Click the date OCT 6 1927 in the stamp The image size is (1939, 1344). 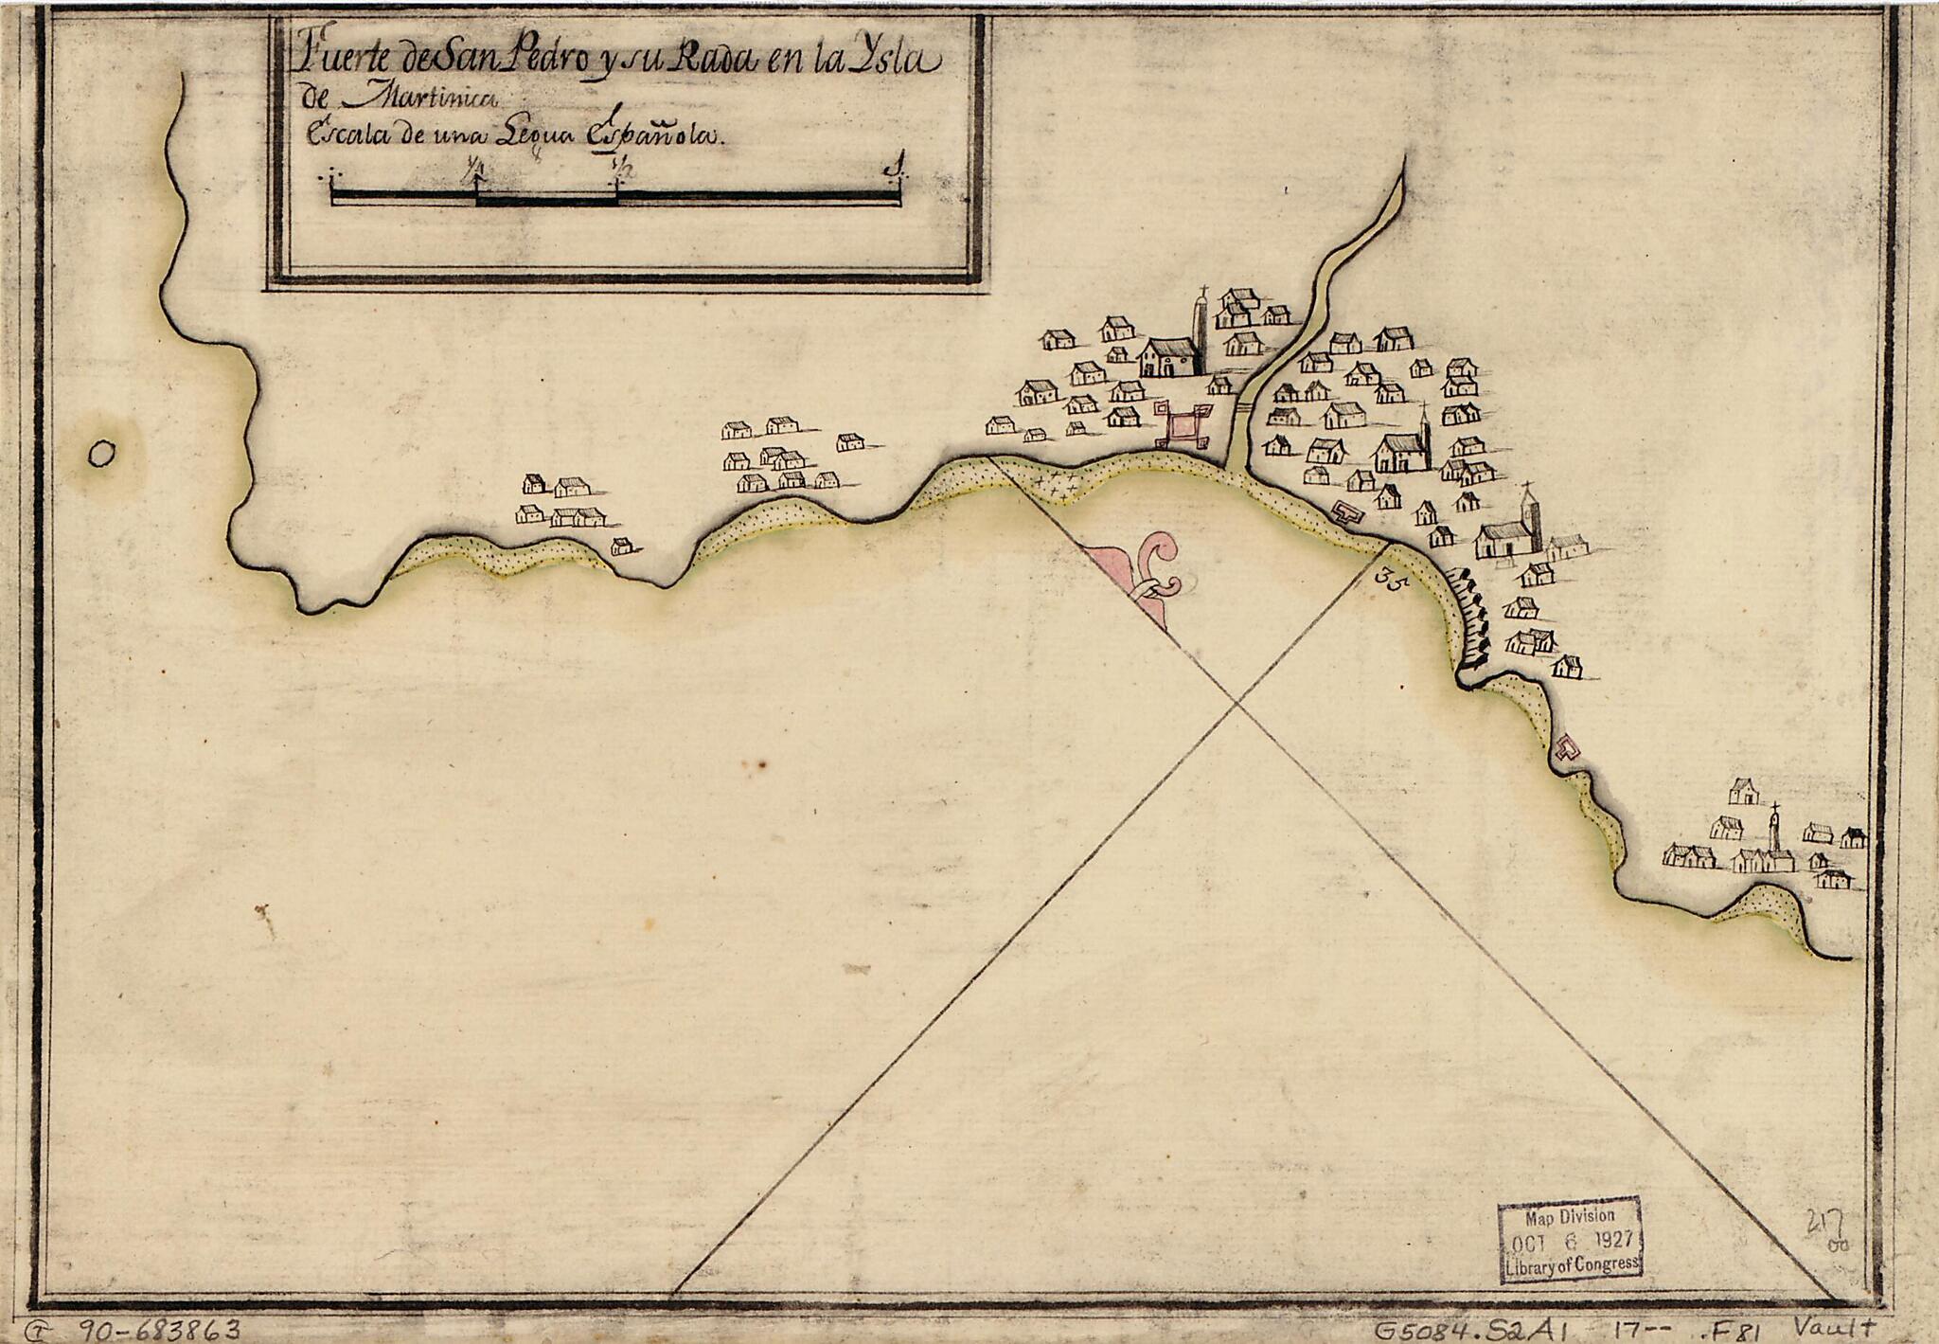(1570, 1240)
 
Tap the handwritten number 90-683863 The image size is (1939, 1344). (158, 1329)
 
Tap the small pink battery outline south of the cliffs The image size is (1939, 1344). (1566, 749)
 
